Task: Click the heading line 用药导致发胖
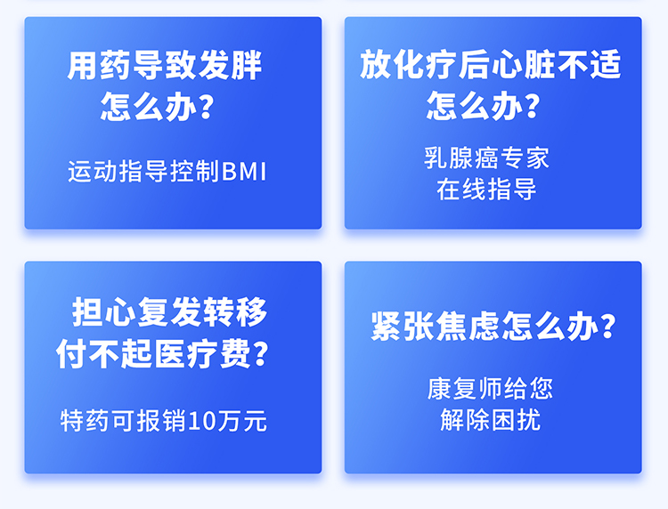(x=165, y=65)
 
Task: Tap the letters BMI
(x=244, y=172)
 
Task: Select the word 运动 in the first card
(x=93, y=172)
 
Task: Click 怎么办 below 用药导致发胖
(x=149, y=106)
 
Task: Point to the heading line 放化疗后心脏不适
(x=491, y=64)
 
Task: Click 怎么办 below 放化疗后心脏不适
(x=475, y=105)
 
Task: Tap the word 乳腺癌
(x=461, y=158)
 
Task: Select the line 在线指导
(x=486, y=190)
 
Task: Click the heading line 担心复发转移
(x=169, y=312)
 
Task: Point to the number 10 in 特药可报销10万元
(x=202, y=421)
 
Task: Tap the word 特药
(x=85, y=421)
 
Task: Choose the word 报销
(x=161, y=421)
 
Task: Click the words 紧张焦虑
(x=435, y=326)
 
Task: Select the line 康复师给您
(x=490, y=389)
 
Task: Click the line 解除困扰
(x=491, y=420)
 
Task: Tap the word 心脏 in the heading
(x=523, y=64)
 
